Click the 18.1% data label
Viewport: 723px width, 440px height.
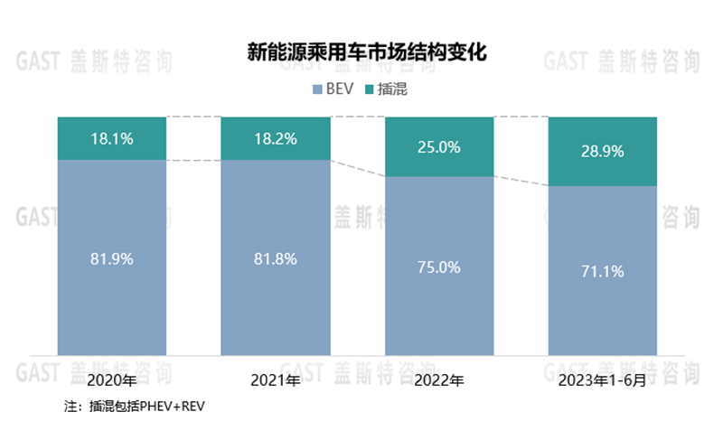tap(112, 139)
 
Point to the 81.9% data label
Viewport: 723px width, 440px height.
tap(112, 258)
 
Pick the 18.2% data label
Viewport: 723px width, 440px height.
tap(276, 139)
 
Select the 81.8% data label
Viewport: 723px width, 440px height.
tap(276, 258)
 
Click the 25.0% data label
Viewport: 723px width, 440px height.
tap(440, 147)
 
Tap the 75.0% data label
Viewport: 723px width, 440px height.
tap(440, 267)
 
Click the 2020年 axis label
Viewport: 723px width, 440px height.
tap(112, 381)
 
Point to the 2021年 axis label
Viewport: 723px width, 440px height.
tap(276, 381)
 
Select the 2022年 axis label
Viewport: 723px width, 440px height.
tap(440, 381)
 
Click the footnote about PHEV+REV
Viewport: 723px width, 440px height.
tap(136, 407)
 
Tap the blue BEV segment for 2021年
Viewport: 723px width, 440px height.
tap(276, 307)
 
